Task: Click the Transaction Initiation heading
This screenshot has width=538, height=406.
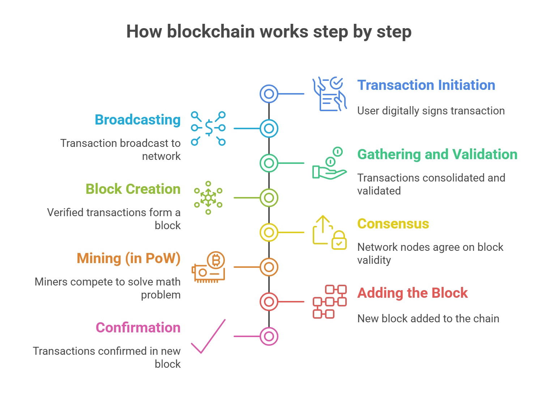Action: [x=426, y=86]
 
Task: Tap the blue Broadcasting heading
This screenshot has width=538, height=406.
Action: [x=137, y=120]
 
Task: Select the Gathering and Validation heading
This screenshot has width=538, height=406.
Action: [x=437, y=154]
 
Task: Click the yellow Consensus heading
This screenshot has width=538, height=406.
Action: [x=393, y=224]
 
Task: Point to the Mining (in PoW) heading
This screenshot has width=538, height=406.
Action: [x=128, y=258]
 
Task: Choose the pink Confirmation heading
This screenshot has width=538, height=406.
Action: [x=138, y=328]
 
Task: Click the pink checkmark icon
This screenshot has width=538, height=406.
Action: [x=209, y=337]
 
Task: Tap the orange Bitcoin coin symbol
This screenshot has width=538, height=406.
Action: [x=216, y=260]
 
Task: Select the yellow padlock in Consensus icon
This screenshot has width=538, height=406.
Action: [x=339, y=241]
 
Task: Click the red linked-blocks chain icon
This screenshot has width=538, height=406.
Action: [x=329, y=302]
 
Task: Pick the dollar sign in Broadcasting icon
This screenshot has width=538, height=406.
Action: [x=209, y=128]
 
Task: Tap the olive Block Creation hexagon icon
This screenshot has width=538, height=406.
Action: [x=208, y=198]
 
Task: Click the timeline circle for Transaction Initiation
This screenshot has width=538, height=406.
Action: [x=269, y=94]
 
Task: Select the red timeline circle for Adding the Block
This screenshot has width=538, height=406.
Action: [x=269, y=302]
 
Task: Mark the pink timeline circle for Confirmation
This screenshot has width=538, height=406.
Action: [x=269, y=336]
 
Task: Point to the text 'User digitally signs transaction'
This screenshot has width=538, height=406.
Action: [x=431, y=111]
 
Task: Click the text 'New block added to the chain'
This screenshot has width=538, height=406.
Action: [x=428, y=319]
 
